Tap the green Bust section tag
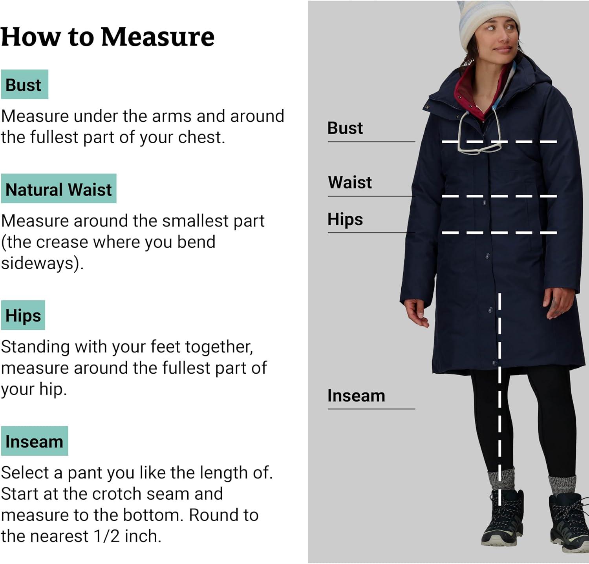pos(24,84)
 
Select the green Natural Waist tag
pos(59,189)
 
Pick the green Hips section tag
pos(23,315)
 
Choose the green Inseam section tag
pos(35,441)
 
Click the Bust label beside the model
pos(345,128)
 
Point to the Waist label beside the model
pos(350,182)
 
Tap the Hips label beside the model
pos(345,219)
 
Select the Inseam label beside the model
pos(356,396)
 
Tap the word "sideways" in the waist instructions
pos(37,263)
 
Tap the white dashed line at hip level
pos(499,233)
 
